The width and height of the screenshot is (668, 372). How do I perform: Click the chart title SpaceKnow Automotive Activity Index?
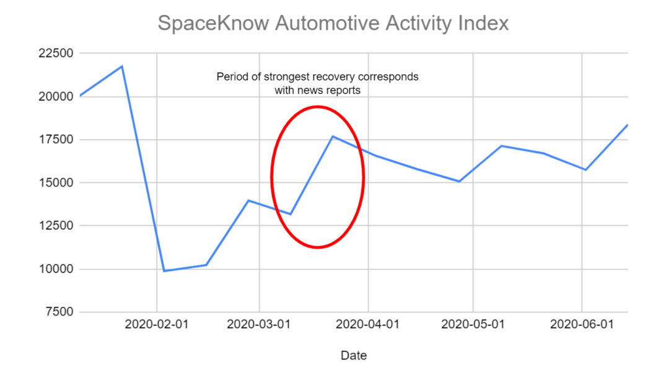(x=333, y=24)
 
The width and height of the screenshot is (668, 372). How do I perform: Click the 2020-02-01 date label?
(x=156, y=324)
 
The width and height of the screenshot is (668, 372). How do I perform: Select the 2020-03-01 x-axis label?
(x=259, y=324)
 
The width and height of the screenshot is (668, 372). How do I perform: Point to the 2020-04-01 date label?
(x=368, y=324)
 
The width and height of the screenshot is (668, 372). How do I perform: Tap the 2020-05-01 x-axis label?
(x=473, y=324)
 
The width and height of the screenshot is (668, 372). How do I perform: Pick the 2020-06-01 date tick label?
(x=581, y=324)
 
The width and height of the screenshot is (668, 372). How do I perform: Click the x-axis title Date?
(x=354, y=355)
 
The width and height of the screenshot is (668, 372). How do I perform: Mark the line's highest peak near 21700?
(x=121, y=66)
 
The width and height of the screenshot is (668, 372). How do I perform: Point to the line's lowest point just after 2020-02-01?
(x=164, y=271)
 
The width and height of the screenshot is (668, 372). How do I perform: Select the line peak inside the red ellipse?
(x=333, y=136)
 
